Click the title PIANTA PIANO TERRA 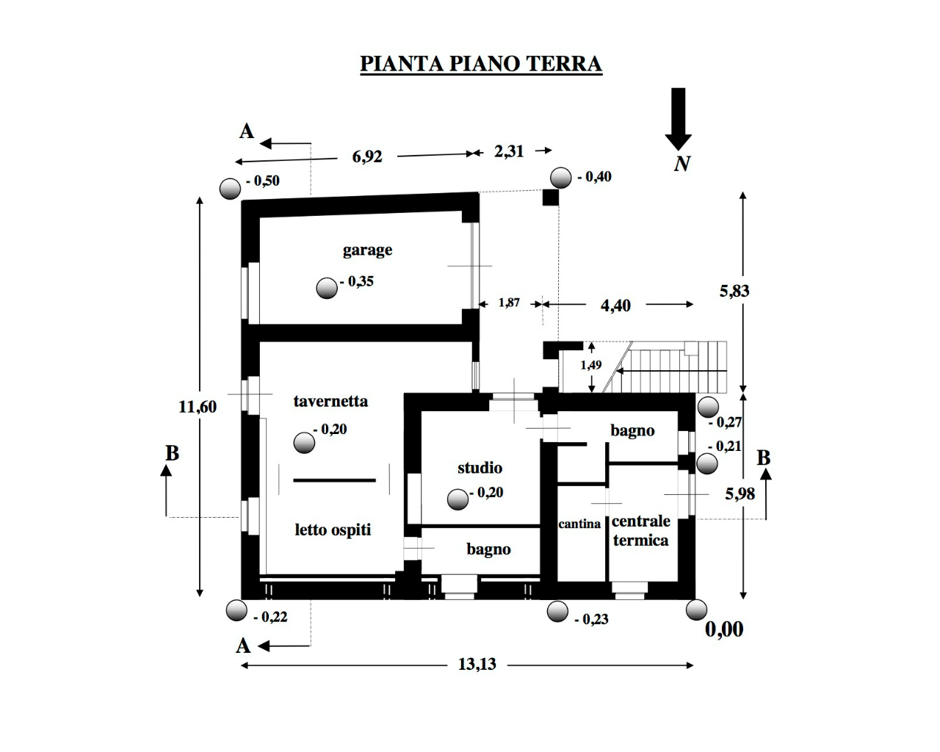click(x=480, y=64)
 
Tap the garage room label click(x=367, y=250)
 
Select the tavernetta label click(x=330, y=401)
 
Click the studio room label click(x=480, y=468)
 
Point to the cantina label click(x=579, y=524)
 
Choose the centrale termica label click(x=640, y=530)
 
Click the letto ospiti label click(x=333, y=529)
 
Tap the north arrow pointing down click(x=678, y=117)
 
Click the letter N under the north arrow click(x=681, y=164)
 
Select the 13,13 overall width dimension click(x=477, y=665)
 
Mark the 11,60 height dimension click(x=198, y=406)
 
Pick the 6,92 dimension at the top click(x=367, y=156)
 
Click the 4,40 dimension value click(x=615, y=305)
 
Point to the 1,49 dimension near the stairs click(x=591, y=365)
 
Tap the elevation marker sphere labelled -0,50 click(x=231, y=189)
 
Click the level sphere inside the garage click(x=327, y=289)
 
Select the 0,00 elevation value click(x=724, y=629)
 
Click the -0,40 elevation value click(x=594, y=177)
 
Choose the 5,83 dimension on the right click(x=734, y=291)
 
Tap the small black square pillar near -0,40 click(x=550, y=198)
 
